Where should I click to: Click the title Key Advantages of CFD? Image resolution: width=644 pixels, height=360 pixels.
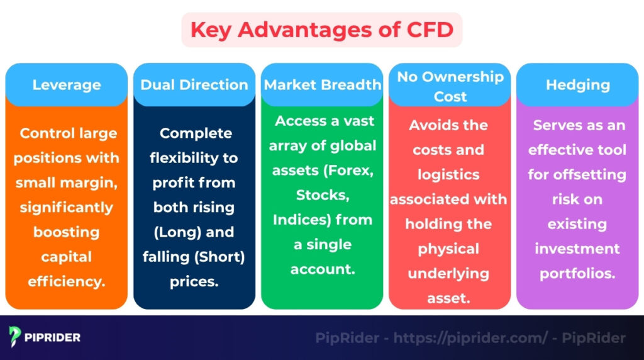coord(321,30)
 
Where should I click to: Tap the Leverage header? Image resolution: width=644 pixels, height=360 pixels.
coord(66,84)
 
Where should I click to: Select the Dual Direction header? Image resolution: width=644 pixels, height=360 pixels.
coord(194,84)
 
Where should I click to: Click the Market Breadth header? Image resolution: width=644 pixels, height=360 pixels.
coord(322,84)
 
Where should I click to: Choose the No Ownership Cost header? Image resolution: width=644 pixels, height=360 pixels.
coord(450,86)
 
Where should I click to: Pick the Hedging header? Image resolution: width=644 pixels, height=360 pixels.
coord(577,84)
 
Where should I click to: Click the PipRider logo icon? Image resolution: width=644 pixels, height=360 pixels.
coord(15,337)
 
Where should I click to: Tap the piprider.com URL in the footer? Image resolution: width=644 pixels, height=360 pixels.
coord(470,338)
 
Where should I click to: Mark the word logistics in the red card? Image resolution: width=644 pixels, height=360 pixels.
coord(449,174)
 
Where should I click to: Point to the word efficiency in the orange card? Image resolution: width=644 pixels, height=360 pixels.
coord(66,281)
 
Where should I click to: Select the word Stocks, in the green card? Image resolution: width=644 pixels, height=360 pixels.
coord(322,194)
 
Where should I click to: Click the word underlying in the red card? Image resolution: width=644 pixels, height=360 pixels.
coord(449,273)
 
